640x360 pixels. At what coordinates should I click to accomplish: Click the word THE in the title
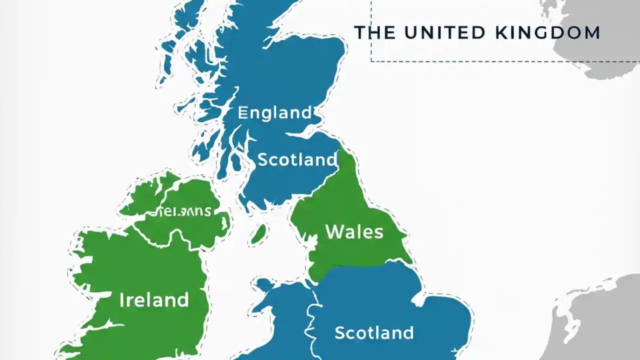[x=374, y=32]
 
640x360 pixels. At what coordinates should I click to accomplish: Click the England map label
[x=274, y=112]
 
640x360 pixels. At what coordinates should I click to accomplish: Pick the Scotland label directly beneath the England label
[x=297, y=159]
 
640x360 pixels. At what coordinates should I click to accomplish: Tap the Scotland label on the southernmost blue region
[x=374, y=332]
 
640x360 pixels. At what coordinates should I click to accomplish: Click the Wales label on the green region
[x=354, y=231]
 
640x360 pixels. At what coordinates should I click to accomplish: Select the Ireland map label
[x=154, y=300]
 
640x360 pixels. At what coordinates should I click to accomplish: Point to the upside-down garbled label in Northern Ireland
[x=186, y=212]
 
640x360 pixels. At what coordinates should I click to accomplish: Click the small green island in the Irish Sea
[x=258, y=234]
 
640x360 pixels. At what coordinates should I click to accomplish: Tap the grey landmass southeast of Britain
[x=600, y=320]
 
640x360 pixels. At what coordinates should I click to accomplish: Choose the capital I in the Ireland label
[x=121, y=300]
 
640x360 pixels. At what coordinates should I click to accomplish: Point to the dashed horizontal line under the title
[x=500, y=61]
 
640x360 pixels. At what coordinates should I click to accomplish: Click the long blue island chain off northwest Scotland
[x=172, y=45]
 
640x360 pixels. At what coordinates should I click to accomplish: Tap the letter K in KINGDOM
[x=501, y=32]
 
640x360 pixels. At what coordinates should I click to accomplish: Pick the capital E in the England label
[x=242, y=112]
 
